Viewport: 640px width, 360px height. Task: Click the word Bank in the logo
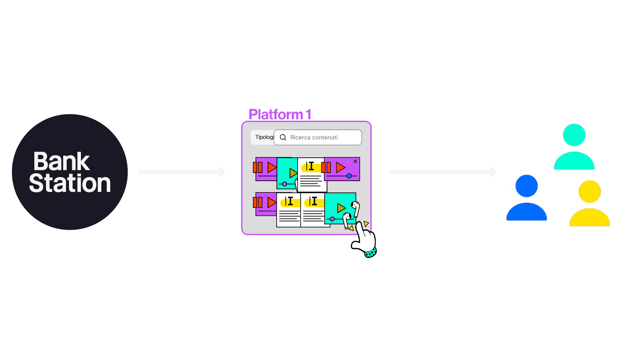62,162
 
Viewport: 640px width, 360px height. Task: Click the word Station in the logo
70,183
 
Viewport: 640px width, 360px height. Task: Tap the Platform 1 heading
280,114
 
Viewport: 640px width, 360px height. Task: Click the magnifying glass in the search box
283,137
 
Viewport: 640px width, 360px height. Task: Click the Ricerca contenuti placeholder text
314,137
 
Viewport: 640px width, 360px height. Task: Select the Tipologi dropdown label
264,137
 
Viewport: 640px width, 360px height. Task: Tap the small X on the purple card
355,161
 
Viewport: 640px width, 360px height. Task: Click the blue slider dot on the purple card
349,176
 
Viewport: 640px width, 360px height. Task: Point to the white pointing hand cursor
364,238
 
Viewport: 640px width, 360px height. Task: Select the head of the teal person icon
574,135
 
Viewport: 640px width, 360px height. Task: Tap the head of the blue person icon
526,186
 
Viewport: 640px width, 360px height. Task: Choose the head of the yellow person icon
590,192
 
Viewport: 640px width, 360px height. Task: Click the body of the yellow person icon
590,218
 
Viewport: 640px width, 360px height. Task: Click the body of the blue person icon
526,213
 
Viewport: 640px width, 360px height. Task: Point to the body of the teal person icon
574,162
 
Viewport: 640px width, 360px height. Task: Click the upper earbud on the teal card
356,208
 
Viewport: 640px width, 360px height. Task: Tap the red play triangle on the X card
340,167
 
